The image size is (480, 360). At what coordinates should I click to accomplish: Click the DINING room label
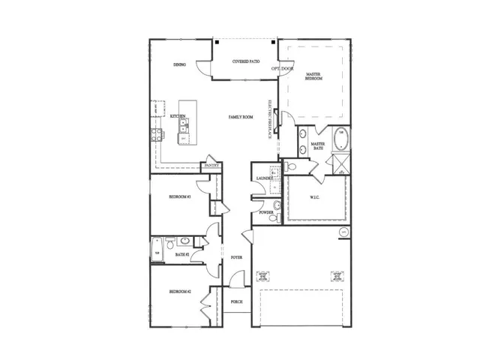click(x=180, y=64)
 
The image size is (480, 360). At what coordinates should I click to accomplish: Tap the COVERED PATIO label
click(x=246, y=61)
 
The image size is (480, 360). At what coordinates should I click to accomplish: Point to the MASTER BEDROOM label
click(x=314, y=77)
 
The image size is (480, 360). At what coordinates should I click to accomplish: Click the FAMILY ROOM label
click(x=241, y=117)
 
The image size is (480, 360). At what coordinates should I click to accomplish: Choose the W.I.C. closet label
click(x=315, y=198)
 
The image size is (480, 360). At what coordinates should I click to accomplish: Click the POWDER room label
click(x=265, y=213)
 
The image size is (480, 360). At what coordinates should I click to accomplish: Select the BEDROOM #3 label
click(x=180, y=196)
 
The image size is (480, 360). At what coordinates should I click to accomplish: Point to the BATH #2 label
click(x=181, y=255)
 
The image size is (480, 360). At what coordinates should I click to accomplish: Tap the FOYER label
click(x=236, y=257)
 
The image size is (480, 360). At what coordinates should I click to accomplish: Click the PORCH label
click(x=235, y=301)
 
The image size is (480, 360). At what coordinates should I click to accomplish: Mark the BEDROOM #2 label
click(x=180, y=292)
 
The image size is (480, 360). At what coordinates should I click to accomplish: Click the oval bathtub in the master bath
click(x=340, y=139)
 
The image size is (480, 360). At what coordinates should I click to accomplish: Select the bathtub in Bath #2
click(x=157, y=248)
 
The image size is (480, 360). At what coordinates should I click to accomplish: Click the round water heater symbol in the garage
click(x=344, y=232)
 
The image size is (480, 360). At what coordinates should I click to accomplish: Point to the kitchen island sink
click(x=183, y=132)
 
